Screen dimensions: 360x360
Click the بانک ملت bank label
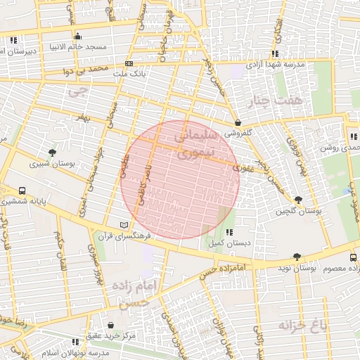pyautogui.click(x=112, y=73)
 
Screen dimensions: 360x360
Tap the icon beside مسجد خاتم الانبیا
pyautogui.click(x=77, y=37)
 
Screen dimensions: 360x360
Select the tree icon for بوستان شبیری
pyautogui.click(x=53, y=153)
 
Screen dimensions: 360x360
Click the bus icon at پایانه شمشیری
pyautogui.click(x=23, y=191)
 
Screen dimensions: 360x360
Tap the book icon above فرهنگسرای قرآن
pyautogui.click(x=124, y=225)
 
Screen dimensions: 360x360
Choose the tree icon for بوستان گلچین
pyautogui.click(x=299, y=200)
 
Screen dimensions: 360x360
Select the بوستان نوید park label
pyautogui.click(x=297, y=268)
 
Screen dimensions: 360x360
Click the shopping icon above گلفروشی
pyautogui.click(x=238, y=122)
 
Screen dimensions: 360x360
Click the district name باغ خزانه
pyautogui.click(x=304, y=326)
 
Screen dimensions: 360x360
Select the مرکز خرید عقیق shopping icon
pyautogui.click(x=112, y=326)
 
